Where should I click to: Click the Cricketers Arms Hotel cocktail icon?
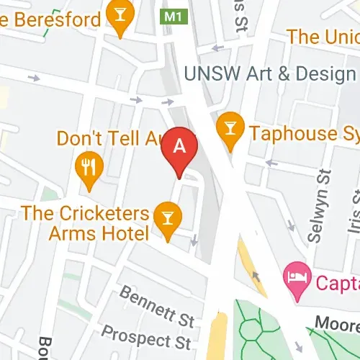168,216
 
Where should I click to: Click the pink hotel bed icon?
296,274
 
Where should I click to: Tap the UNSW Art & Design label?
270,74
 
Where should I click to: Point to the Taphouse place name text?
303,133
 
